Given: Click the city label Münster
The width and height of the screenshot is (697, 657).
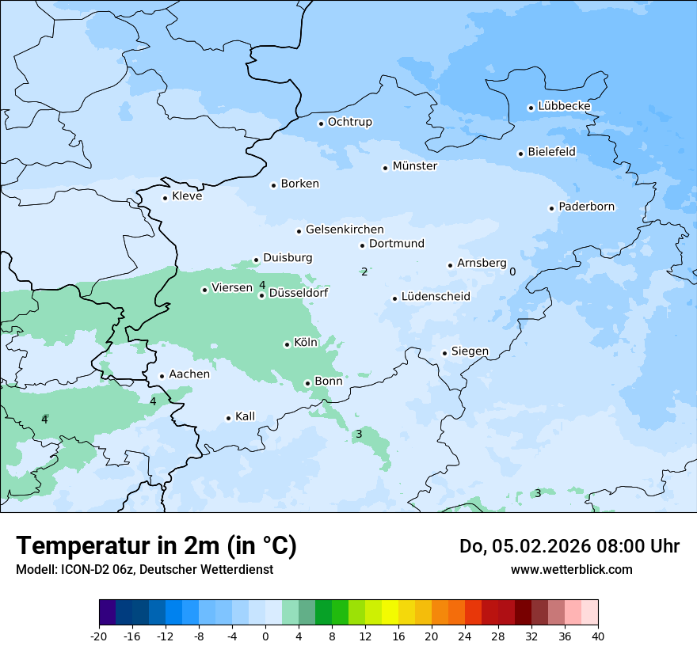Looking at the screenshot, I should [x=414, y=166].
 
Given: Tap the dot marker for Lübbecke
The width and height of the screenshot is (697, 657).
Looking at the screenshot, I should [x=531, y=108].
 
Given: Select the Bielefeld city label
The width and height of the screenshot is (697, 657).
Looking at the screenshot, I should [x=551, y=152].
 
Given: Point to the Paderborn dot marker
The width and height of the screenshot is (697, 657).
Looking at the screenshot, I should [x=551, y=208].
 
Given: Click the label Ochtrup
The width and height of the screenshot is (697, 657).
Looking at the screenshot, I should [x=349, y=122].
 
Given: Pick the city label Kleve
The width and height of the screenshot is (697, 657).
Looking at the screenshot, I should [x=187, y=196].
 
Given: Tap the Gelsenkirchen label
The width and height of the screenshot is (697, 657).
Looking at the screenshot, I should [x=344, y=230].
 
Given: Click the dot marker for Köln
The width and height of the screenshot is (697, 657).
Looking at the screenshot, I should [x=287, y=344].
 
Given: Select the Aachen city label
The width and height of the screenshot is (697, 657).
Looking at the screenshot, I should [x=189, y=374].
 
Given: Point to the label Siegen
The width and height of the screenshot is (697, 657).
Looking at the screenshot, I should [x=470, y=351].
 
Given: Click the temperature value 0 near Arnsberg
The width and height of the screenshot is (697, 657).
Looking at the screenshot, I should [x=512, y=272].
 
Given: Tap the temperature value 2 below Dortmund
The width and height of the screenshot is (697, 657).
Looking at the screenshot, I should [x=364, y=272].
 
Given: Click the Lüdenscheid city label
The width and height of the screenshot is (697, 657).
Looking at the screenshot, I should [x=436, y=297].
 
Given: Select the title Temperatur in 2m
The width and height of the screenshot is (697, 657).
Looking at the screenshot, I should [x=156, y=546].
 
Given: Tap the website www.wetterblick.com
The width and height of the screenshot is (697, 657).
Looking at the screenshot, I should [x=571, y=569].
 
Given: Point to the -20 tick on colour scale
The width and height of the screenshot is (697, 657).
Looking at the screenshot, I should [x=99, y=636].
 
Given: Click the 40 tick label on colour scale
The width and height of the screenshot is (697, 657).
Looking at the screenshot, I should [x=598, y=636].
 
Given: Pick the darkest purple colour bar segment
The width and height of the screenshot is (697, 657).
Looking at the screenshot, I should [x=107, y=613].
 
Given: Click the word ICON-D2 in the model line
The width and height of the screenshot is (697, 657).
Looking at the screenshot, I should [x=81, y=569].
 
